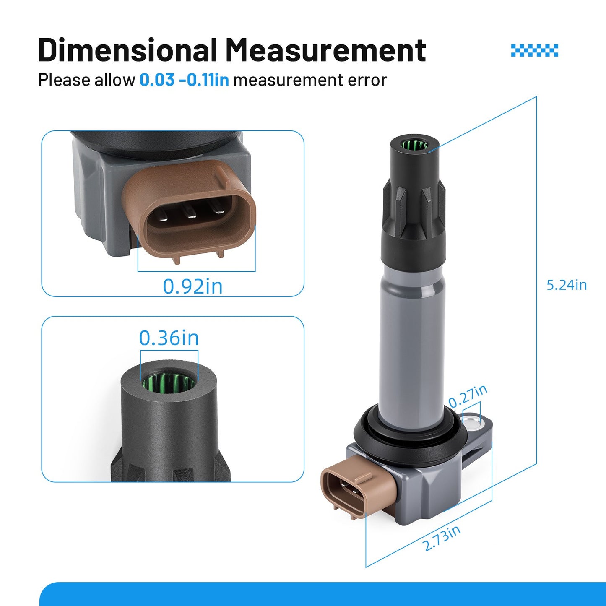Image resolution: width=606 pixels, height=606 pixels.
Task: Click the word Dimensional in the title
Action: point(127,49)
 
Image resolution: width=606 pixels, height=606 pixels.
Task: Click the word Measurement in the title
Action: point(326,49)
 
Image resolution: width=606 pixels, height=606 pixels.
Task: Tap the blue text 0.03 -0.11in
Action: point(184,80)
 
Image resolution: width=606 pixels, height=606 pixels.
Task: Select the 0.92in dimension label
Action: point(192,286)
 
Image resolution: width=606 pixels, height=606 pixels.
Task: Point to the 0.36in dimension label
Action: point(169,338)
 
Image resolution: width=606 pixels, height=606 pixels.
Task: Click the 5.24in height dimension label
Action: point(567,285)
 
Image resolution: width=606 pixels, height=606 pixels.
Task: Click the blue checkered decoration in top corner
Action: point(534,51)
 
